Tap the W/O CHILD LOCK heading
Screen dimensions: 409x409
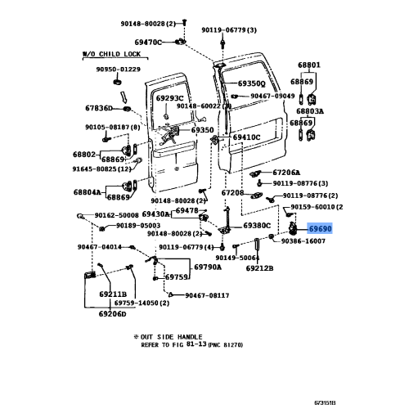pyautogui.click(x=112, y=54)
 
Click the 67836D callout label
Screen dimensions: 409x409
pyautogui.click(x=101, y=107)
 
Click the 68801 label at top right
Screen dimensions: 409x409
pyautogui.click(x=308, y=65)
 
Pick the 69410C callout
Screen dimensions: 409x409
pyautogui.click(x=245, y=137)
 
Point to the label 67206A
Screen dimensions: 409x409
pyautogui.click(x=287, y=173)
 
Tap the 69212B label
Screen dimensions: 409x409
pyautogui.click(x=259, y=267)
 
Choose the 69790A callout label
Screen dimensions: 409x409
pyautogui.click(x=209, y=267)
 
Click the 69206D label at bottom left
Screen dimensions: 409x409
pyautogui.click(x=112, y=313)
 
